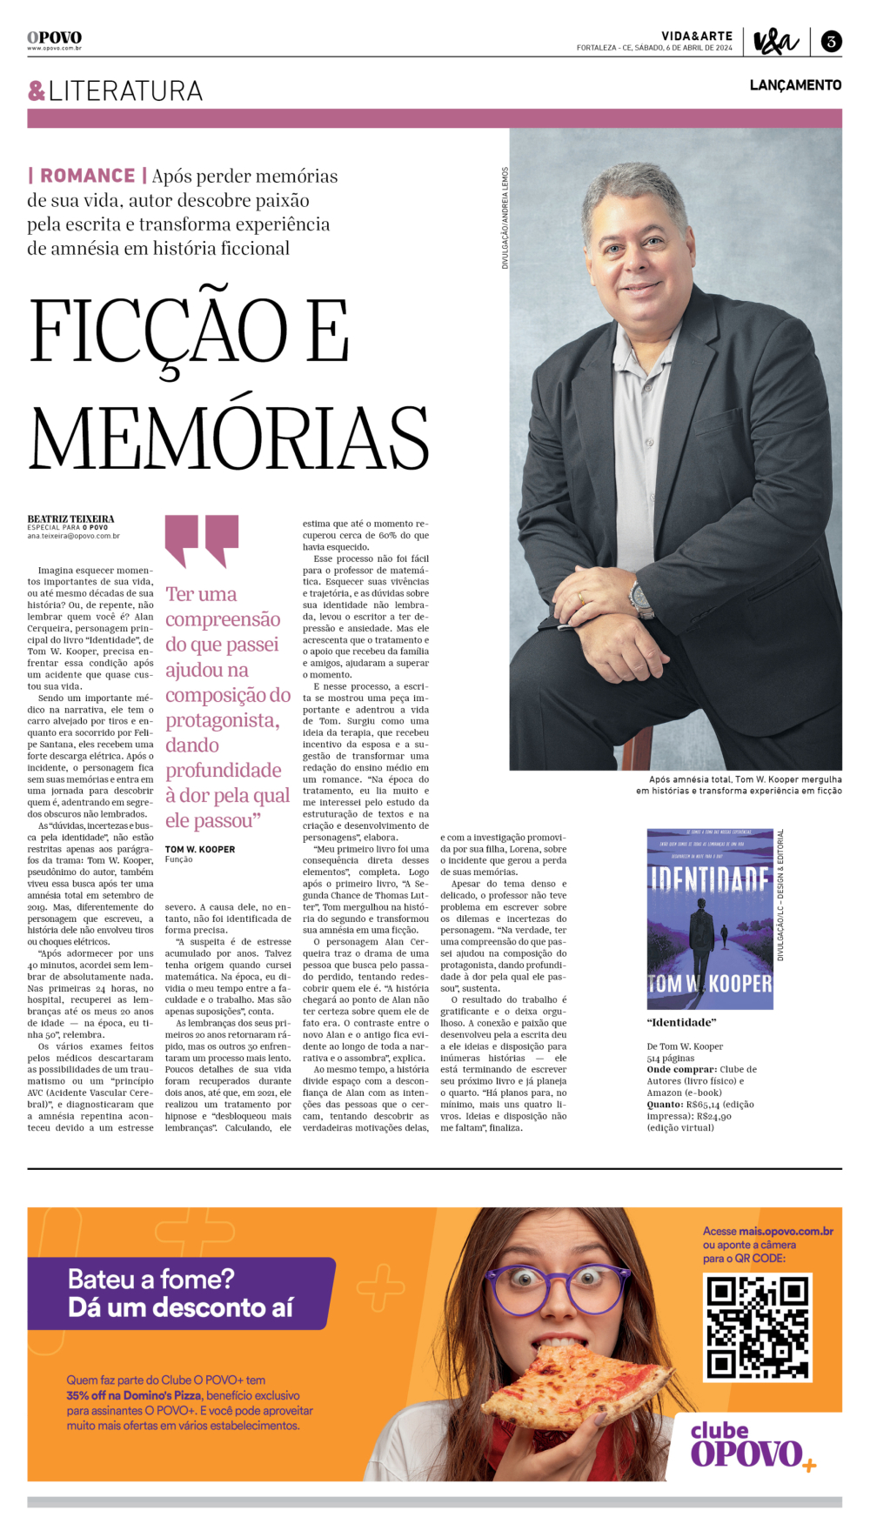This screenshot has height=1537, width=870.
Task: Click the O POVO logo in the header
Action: click(x=54, y=38)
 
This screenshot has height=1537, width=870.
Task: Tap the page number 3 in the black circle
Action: click(x=831, y=41)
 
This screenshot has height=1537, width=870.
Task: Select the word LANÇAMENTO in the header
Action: click(x=795, y=85)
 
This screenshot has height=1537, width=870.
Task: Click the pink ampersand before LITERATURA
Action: click(x=37, y=90)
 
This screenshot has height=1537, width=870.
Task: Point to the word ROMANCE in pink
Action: click(x=87, y=176)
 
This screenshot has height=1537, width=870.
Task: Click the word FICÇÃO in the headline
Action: click(x=158, y=333)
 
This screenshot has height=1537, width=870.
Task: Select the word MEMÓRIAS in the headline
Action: click(x=230, y=437)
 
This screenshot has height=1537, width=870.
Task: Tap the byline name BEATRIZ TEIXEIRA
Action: click(x=70, y=519)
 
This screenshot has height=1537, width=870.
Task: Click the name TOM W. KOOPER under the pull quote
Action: click(x=200, y=849)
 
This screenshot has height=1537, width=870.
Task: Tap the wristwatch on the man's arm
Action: click(x=642, y=599)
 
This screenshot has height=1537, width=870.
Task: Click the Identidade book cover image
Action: click(x=710, y=919)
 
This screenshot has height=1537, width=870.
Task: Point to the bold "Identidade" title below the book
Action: click(x=681, y=1022)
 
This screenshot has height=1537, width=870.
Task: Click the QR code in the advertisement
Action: click(x=757, y=1326)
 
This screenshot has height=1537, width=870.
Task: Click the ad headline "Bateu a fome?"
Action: click(x=151, y=1279)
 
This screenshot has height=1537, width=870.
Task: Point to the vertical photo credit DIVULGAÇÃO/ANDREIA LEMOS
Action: click(x=505, y=217)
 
